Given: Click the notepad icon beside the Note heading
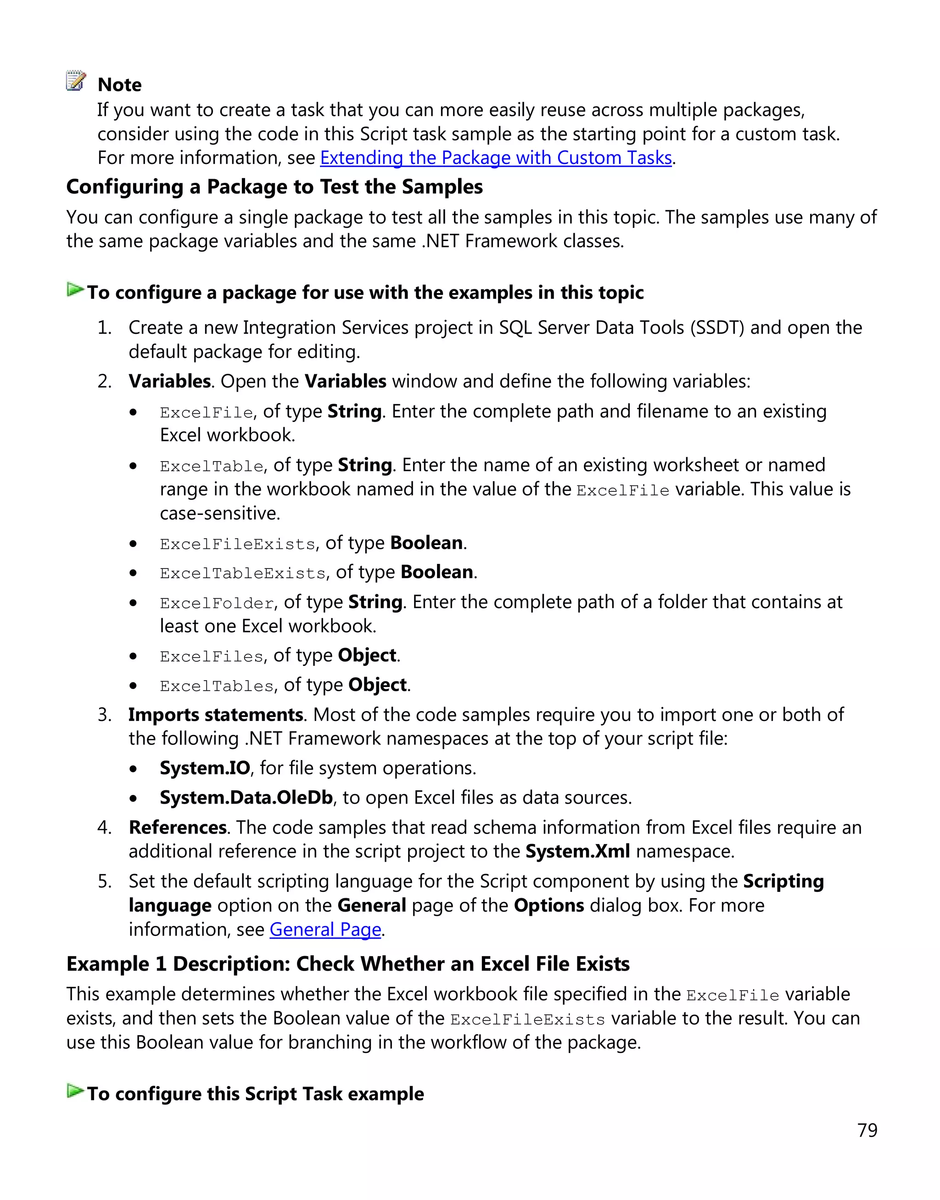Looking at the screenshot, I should [76, 80].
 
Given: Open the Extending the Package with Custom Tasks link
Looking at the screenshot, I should [495, 158].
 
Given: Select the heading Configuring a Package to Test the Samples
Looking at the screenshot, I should [274, 187].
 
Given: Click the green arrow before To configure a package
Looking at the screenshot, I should [75, 290].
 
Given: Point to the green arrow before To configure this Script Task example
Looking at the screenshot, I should [75, 1091].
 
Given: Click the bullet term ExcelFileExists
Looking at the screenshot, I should [237, 544].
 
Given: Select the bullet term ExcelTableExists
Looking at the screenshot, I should [242, 574].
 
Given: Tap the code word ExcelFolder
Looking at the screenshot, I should [217, 603].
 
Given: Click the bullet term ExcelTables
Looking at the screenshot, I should [217, 686].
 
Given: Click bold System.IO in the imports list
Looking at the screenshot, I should [205, 768].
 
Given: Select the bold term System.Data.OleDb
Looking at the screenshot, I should [246, 798].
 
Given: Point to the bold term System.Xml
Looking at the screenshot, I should [577, 851].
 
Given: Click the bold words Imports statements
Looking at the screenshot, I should [215, 715].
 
